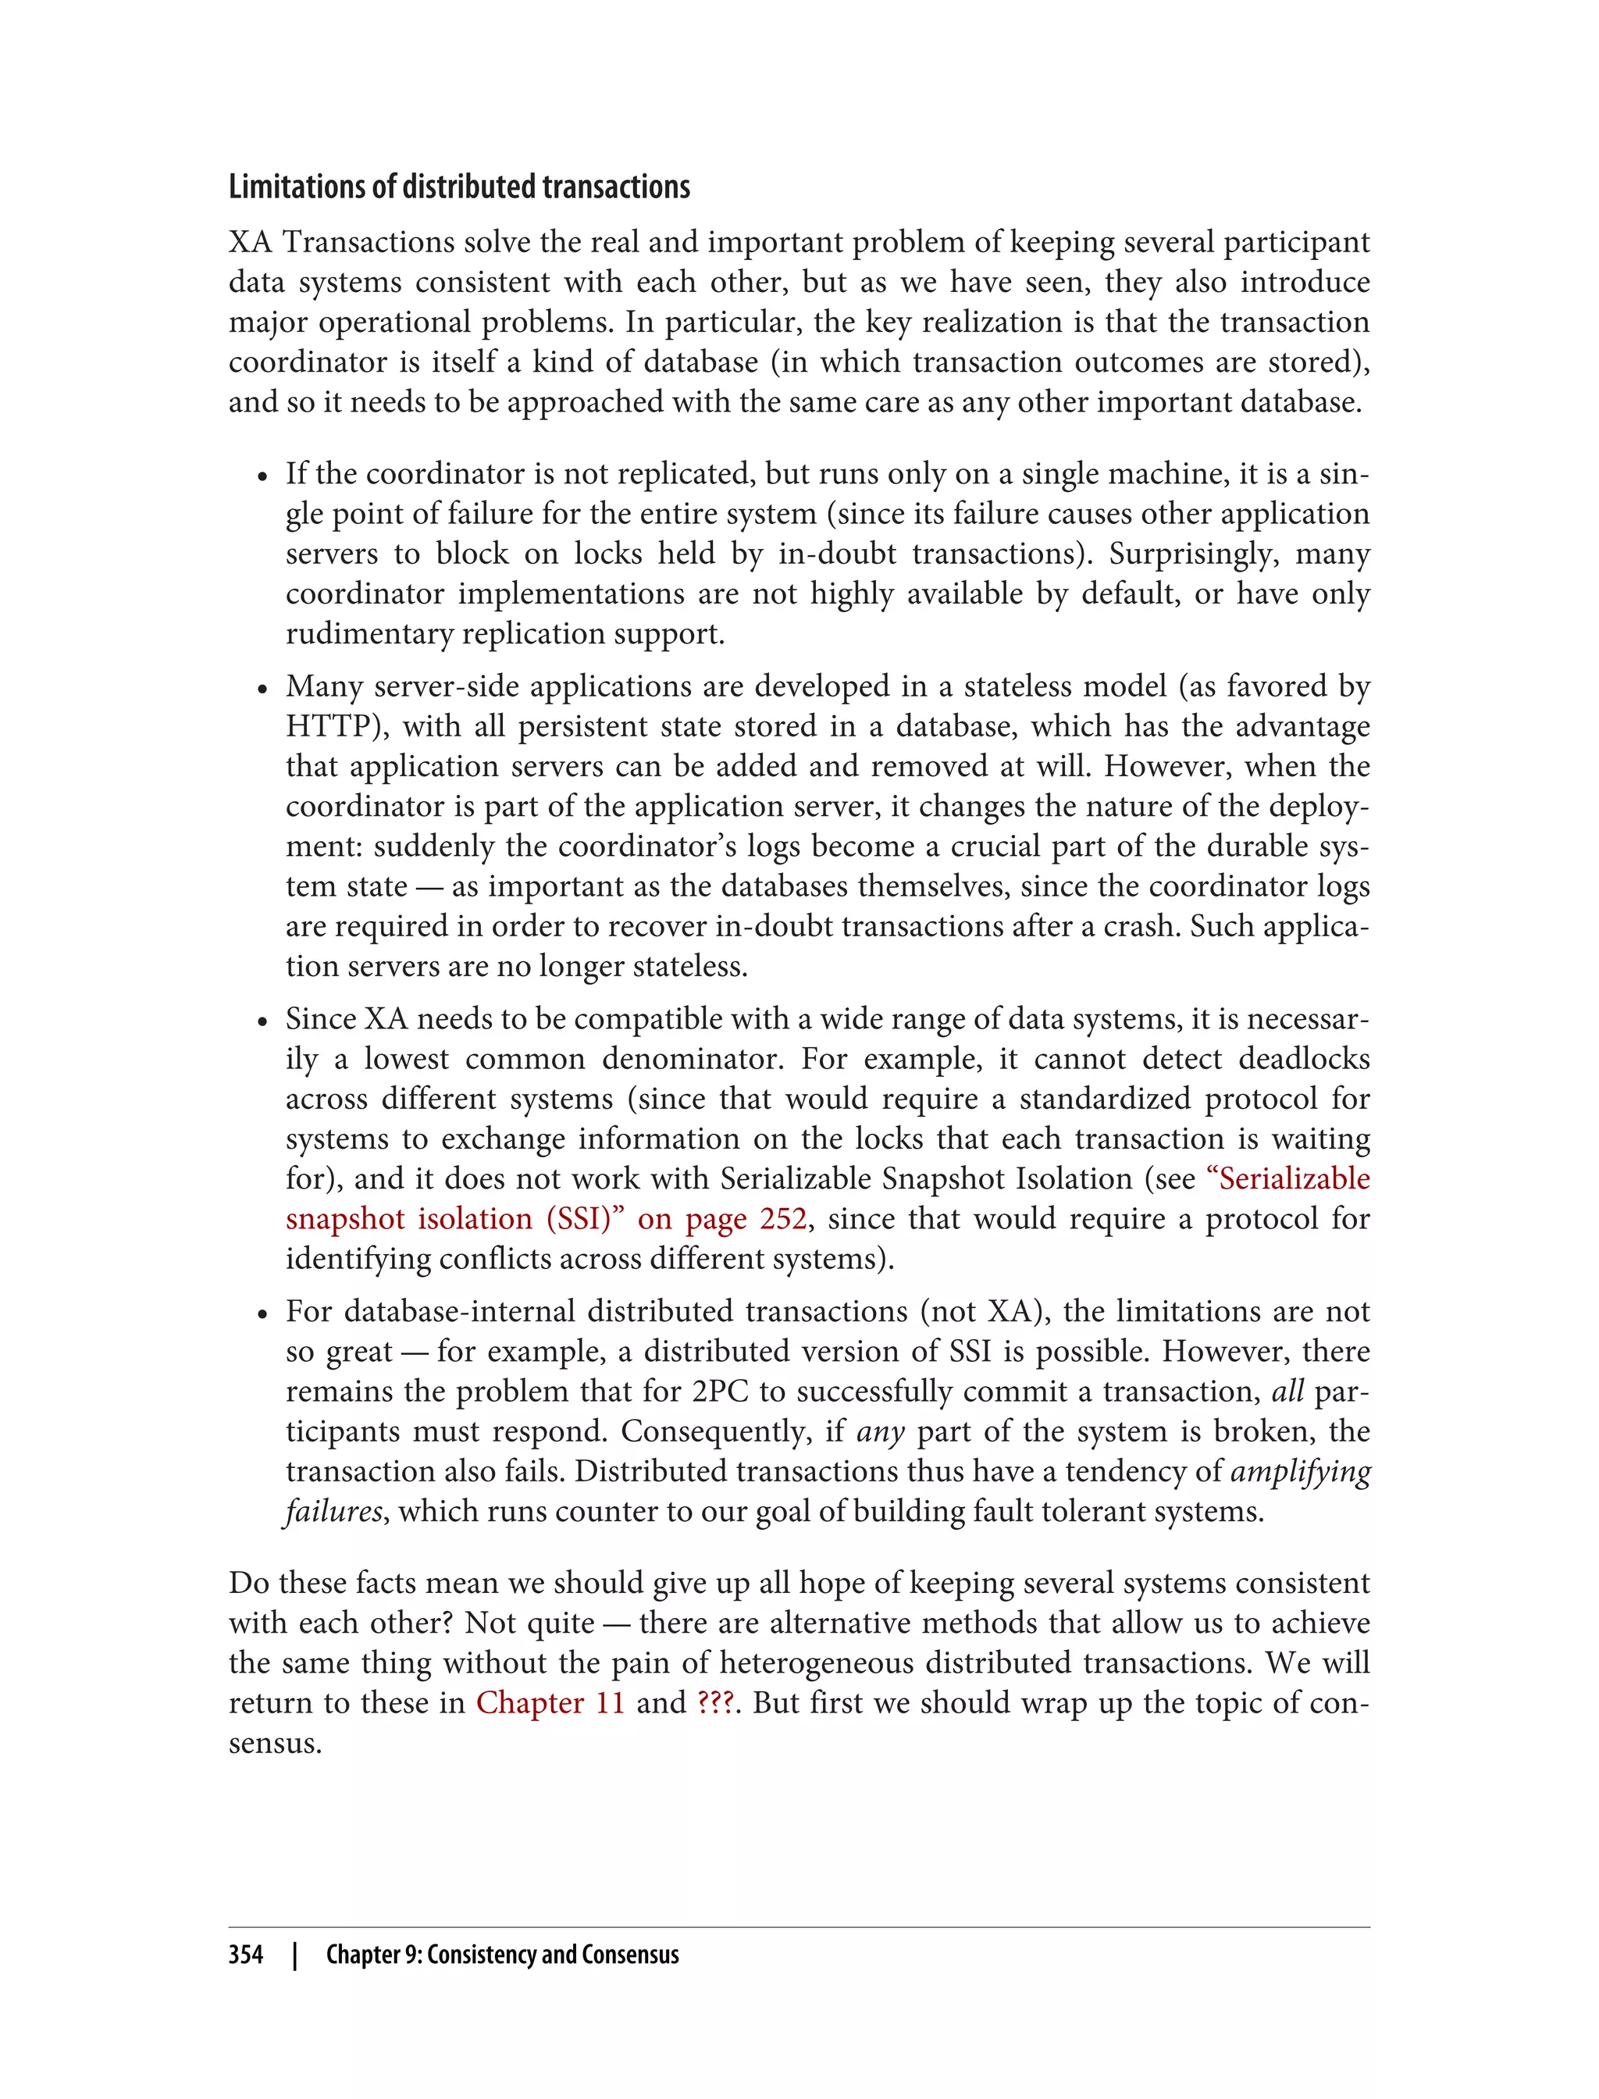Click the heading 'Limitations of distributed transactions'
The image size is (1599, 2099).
(459, 187)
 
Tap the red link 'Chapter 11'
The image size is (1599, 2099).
(550, 1702)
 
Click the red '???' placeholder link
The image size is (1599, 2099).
(715, 1702)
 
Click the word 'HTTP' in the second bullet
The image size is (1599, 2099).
(326, 726)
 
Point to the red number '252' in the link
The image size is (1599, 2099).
(782, 1218)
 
